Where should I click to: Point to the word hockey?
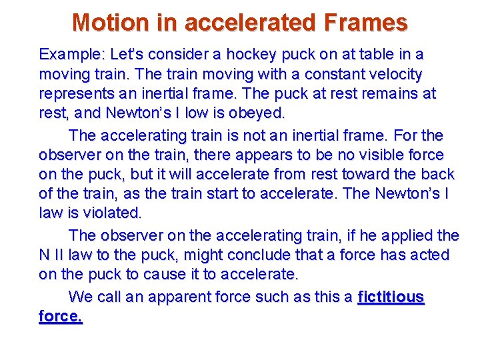click(251, 54)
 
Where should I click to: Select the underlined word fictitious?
click(391, 296)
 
